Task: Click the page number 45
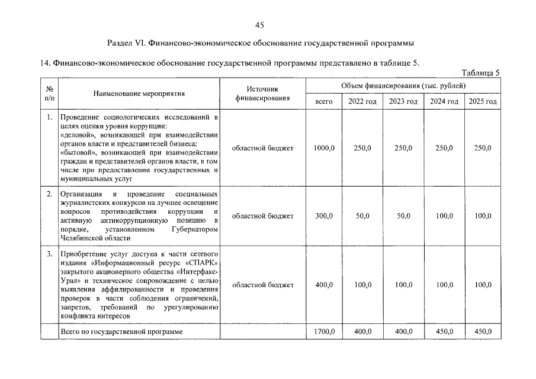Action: (259, 25)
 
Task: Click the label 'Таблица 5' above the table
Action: (480, 73)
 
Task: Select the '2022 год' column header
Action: (362, 101)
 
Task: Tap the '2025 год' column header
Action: (483, 101)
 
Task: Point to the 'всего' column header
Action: (324, 101)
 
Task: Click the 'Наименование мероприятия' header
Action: (139, 93)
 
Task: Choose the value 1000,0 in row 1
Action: (324, 148)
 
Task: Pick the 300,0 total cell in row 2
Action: (324, 216)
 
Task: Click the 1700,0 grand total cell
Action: (324, 332)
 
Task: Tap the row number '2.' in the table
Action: (49, 194)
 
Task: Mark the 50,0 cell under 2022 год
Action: (362, 216)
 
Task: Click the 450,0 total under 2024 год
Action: (444, 332)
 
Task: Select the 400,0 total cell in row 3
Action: (324, 285)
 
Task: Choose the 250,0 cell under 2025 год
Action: (483, 148)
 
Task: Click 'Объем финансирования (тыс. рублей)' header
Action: (403, 86)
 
